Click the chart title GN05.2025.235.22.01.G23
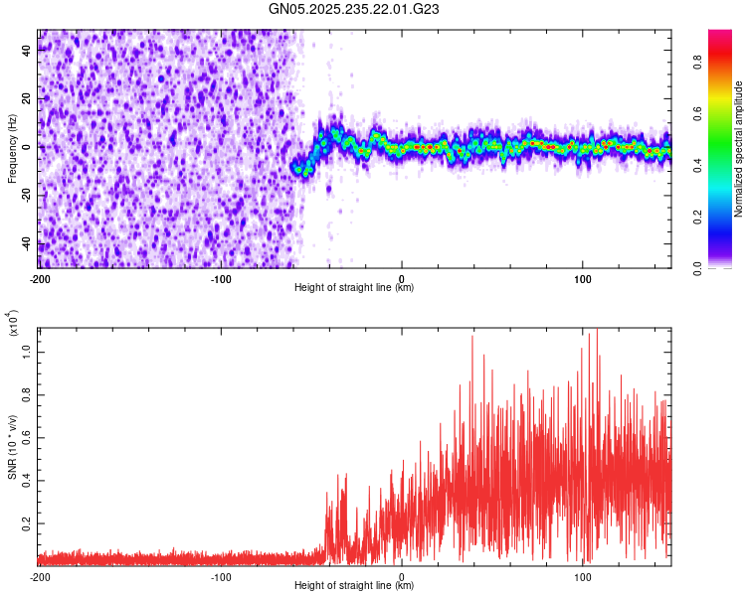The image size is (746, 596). (x=355, y=9)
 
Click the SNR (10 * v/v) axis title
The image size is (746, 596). (x=13, y=445)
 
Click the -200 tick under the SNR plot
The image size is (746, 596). (x=40, y=576)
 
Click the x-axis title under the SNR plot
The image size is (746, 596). (x=355, y=586)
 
